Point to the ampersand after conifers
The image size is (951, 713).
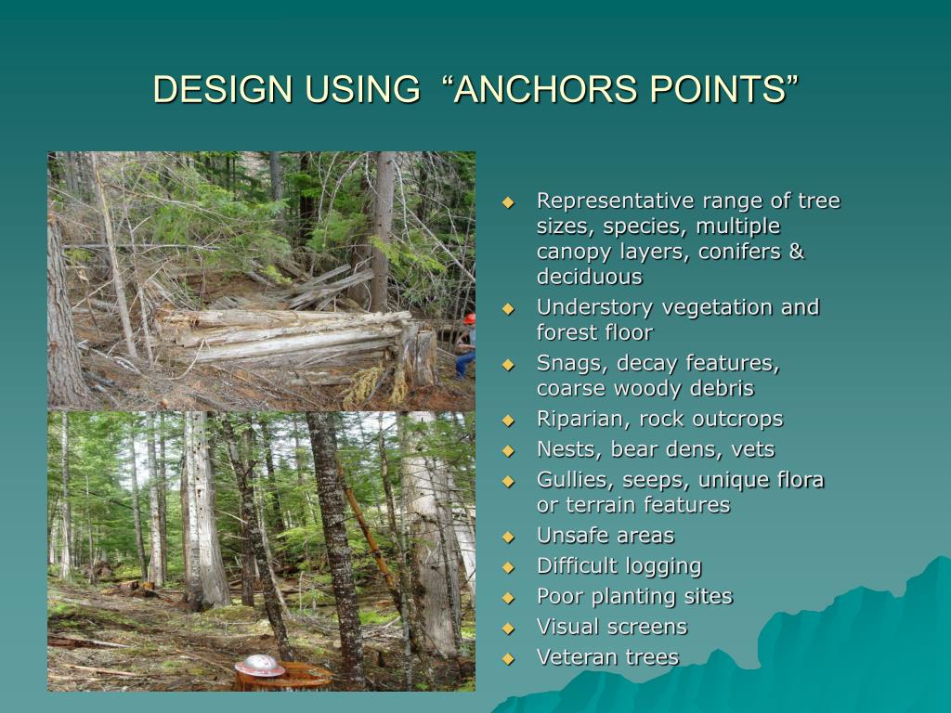coord(796,252)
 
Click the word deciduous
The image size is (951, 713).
coord(589,277)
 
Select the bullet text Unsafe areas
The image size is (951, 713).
coord(605,536)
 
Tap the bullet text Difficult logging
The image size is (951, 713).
coord(619,565)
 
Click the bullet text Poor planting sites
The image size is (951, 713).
coord(634,596)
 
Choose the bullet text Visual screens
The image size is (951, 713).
coord(612,627)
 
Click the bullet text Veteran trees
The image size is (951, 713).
coord(607,657)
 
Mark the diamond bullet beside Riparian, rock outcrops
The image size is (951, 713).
coord(508,421)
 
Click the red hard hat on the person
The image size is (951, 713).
coord(469,318)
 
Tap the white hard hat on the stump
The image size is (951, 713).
coord(259,665)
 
